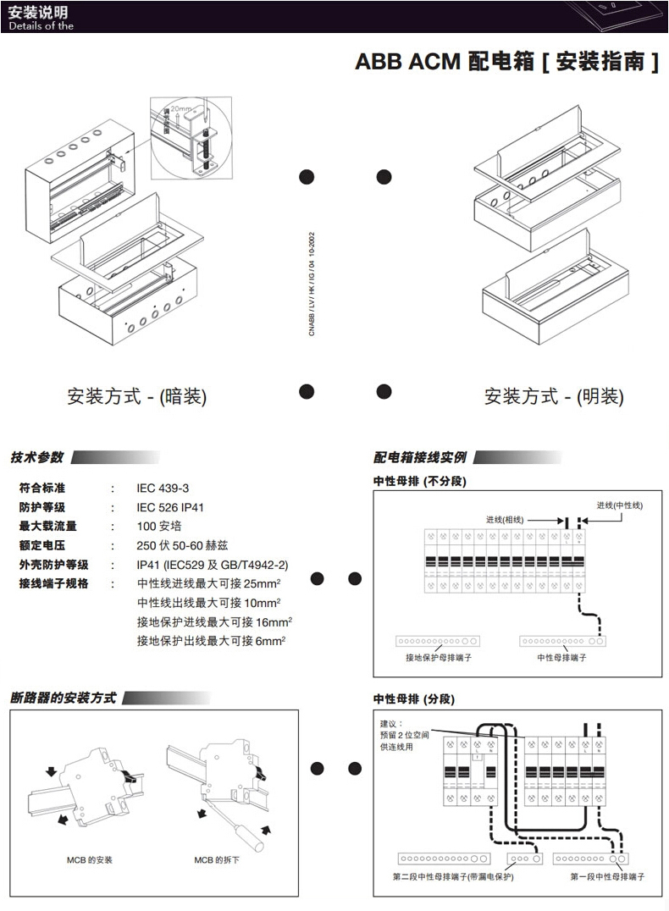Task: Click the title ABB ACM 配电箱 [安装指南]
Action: pyautogui.click(x=506, y=62)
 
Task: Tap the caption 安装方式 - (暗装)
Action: pyautogui.click(x=136, y=396)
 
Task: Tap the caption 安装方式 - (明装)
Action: pyautogui.click(x=554, y=396)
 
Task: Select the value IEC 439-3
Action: pyautogui.click(x=163, y=488)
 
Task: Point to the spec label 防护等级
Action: pyautogui.click(x=41, y=507)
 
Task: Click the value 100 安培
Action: pyautogui.click(x=159, y=527)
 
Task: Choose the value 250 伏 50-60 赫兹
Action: pyautogui.click(x=183, y=545)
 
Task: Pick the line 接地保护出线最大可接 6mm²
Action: pyautogui.click(x=211, y=641)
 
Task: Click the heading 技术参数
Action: pyautogui.click(x=36, y=457)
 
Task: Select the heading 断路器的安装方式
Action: pyautogui.click(x=64, y=698)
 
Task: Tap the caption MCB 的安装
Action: pyautogui.click(x=90, y=860)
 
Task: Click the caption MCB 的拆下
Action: pyautogui.click(x=217, y=860)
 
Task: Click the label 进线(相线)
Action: pyautogui.click(x=505, y=519)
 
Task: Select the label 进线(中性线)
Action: pyautogui.click(x=620, y=505)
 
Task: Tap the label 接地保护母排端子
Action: pyautogui.click(x=439, y=658)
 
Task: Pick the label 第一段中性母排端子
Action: pyautogui.click(x=607, y=877)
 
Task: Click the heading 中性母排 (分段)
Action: pyautogui.click(x=414, y=699)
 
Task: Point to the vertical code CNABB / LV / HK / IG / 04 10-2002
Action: pyautogui.click(x=312, y=284)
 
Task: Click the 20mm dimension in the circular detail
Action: pyautogui.click(x=180, y=108)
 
